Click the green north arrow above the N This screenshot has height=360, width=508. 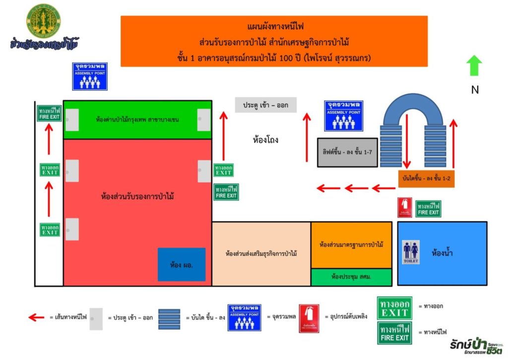click(474, 66)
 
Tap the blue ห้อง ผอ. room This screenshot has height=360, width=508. click(181, 264)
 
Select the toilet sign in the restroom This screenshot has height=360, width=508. click(411, 252)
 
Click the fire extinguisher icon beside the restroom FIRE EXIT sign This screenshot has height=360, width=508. click(405, 208)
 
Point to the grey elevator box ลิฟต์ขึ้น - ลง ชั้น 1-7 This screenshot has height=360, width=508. click(347, 151)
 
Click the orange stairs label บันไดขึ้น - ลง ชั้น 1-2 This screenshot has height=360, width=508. click(426, 179)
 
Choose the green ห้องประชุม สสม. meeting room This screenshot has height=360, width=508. click(351, 277)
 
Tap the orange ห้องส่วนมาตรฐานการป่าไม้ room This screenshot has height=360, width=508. click(351, 245)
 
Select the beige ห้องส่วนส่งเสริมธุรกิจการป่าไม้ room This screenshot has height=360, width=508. click(261, 254)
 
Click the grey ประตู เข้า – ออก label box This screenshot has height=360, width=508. click(266, 105)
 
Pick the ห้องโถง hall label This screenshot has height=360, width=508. click(265, 140)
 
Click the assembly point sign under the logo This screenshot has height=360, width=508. click(90, 76)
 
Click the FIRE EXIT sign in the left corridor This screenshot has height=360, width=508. click(49, 113)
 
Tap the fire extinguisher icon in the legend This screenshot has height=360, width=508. click(309, 318)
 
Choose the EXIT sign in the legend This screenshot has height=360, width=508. click(394, 308)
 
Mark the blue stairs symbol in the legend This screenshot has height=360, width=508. click(169, 319)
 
